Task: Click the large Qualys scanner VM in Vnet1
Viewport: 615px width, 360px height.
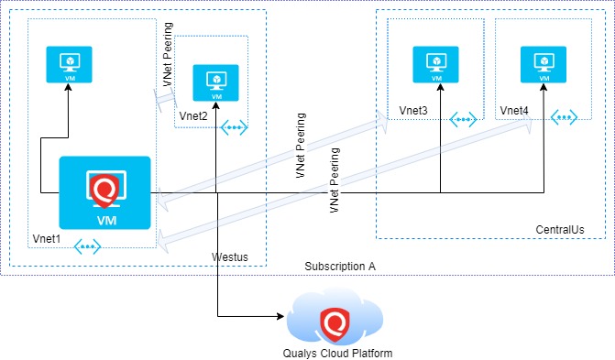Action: [104, 192]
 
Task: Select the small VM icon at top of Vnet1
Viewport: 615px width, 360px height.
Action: [70, 65]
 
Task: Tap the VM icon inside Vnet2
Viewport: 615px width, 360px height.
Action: [215, 83]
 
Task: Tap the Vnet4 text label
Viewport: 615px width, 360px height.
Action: [514, 111]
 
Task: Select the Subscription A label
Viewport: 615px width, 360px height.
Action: [340, 266]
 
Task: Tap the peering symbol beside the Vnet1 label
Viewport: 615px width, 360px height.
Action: [88, 245]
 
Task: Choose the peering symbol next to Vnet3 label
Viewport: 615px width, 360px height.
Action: [462, 118]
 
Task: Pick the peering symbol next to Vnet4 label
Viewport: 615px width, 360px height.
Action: [563, 118]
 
